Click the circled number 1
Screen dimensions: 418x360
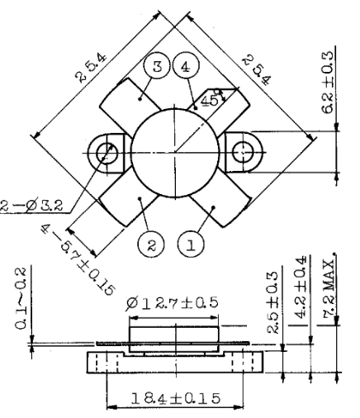pos(191,245)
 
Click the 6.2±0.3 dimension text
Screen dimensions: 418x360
pos(328,95)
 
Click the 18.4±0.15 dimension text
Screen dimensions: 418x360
pos(173,399)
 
